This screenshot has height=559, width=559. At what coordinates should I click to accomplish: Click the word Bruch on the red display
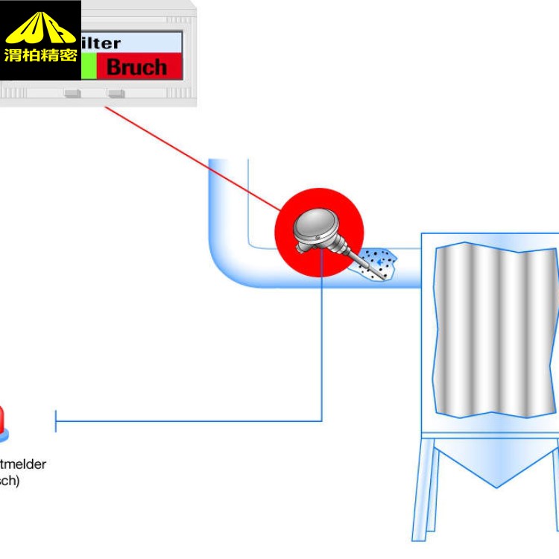click(x=137, y=67)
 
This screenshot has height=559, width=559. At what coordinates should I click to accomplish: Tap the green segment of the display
click(x=89, y=66)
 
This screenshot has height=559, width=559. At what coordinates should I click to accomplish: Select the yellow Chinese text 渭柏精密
click(x=40, y=55)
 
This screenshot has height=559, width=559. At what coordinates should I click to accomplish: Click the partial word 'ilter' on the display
click(x=101, y=43)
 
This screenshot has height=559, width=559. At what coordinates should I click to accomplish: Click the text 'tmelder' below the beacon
click(x=22, y=464)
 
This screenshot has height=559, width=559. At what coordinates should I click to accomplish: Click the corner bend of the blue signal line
click(x=321, y=420)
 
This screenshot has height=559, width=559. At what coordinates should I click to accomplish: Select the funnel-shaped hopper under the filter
click(x=496, y=458)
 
